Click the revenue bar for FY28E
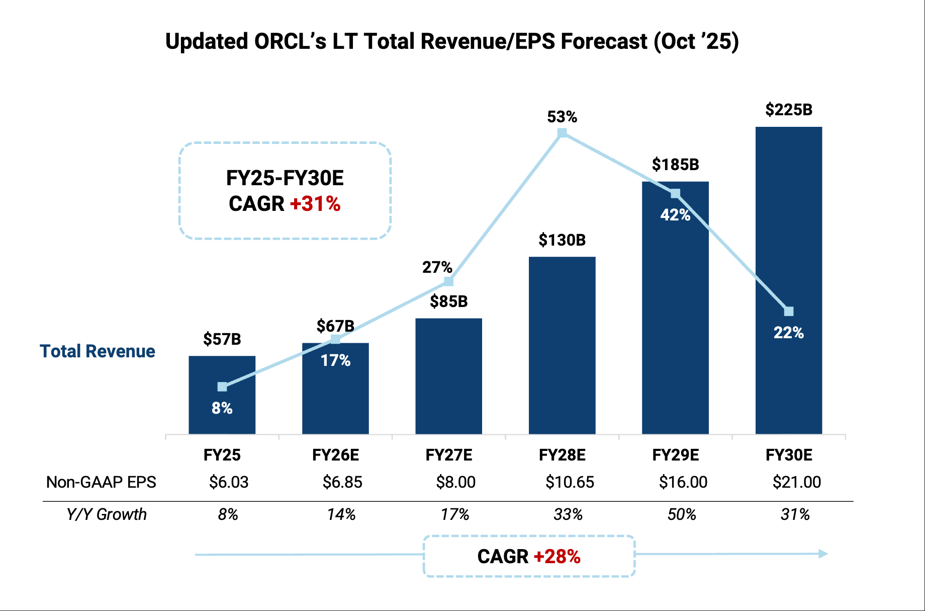pos(562,345)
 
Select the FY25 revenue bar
pos(222,395)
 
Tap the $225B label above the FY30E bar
pos(789,110)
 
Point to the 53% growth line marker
pos(563,133)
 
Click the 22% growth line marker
pos(789,312)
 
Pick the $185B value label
pos(676,165)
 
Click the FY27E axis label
pos(449,455)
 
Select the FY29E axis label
pos(676,455)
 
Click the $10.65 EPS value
pos(570,482)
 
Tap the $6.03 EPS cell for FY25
pos(229,482)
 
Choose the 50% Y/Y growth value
pos(682,514)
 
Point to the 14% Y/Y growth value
pos(341,514)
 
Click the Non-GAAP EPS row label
pos(101,482)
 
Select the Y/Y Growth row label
pos(107,514)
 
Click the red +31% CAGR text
pos(315,204)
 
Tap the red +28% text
pos(557,557)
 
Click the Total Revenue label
pos(98,351)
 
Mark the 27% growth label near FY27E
pos(437,267)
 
